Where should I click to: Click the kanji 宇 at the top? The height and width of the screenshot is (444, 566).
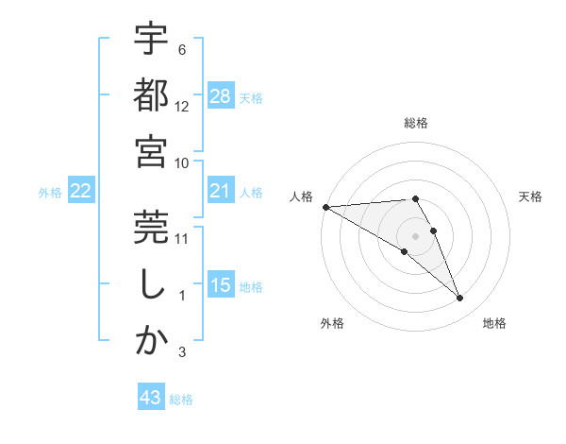(x=151, y=41)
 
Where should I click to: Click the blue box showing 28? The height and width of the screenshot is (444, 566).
(x=221, y=96)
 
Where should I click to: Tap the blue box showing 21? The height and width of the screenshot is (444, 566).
(x=221, y=191)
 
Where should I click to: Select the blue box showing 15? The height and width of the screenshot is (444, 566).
(x=221, y=285)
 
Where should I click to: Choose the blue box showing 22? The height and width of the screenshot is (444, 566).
(x=81, y=191)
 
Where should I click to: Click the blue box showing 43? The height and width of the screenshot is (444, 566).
(x=151, y=398)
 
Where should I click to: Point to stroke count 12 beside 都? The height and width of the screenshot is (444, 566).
(x=182, y=106)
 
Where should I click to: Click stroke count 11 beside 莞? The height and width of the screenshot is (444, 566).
(x=182, y=238)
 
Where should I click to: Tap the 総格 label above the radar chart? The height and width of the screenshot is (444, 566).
(x=415, y=123)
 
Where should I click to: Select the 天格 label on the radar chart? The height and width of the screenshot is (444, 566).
(x=531, y=196)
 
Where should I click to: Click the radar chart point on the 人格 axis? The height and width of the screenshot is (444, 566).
(x=325, y=207)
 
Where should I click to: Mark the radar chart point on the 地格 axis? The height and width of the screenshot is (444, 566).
(x=460, y=299)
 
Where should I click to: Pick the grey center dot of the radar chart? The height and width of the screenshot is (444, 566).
(x=415, y=235)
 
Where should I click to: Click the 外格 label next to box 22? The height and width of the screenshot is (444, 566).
(x=49, y=192)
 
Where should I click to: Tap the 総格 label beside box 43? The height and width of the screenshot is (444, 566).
(x=181, y=400)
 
